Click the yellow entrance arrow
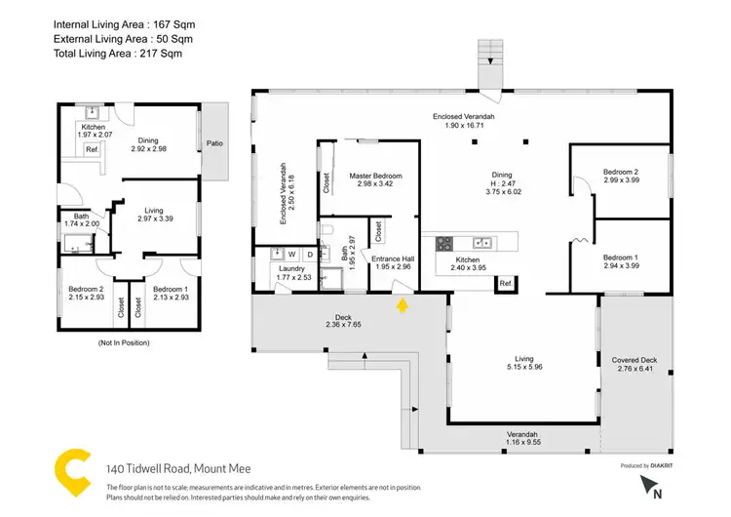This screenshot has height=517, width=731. coord(403,305)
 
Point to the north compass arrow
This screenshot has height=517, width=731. coord(647,486)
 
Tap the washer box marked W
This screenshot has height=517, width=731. coord(290,255)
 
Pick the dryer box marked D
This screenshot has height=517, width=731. coord(309,255)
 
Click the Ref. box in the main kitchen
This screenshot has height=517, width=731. coord(506,283)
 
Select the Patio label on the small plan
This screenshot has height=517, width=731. coord(214,143)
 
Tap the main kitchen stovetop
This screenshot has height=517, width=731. coord(444,243)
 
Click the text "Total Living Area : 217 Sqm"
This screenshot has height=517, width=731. coord(118,53)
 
